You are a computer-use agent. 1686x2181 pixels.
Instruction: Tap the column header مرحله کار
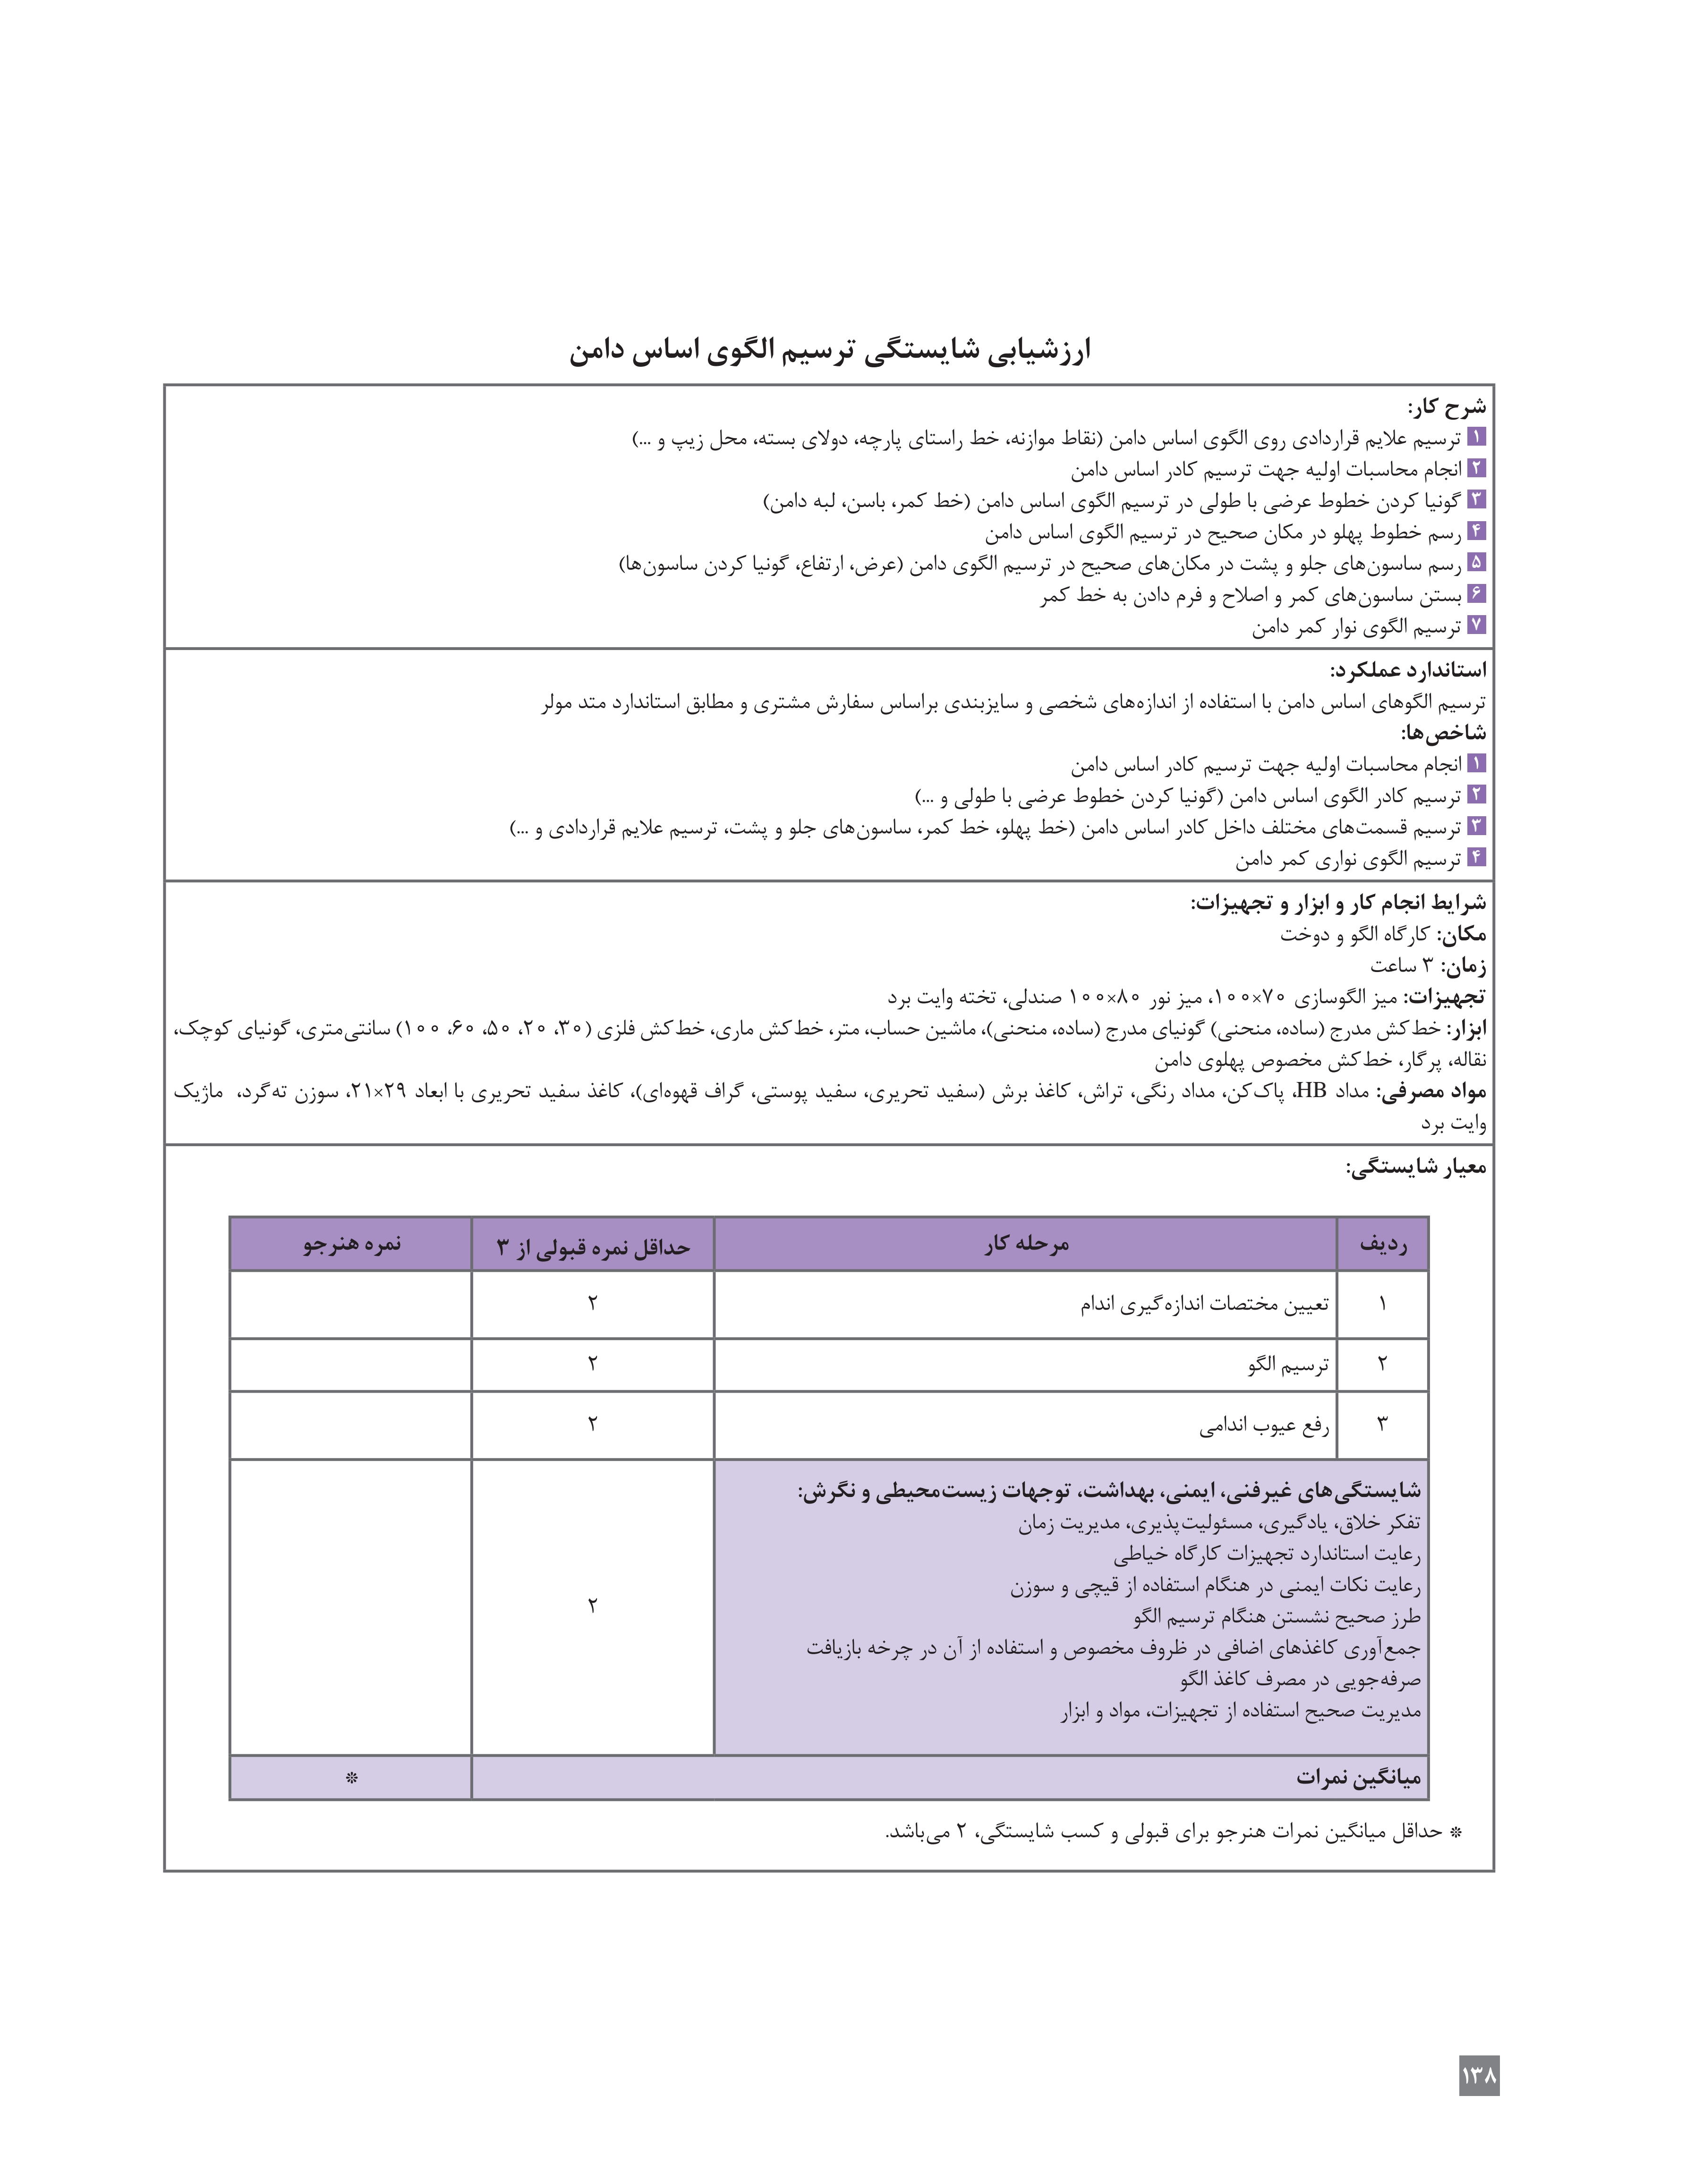pos(1026,1244)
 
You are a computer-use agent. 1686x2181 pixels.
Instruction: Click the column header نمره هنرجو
pos(351,1244)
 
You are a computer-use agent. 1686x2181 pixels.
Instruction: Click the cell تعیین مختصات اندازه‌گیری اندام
pos(1203,1304)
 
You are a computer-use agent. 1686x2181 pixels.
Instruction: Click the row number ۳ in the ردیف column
pos(1382,1424)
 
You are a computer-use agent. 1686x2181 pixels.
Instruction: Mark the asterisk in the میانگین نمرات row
pos(350,1777)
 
